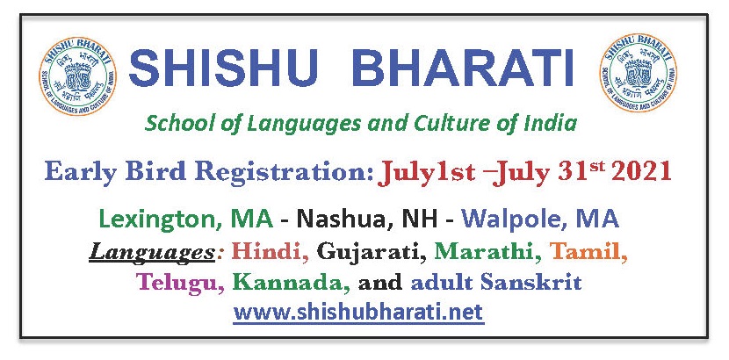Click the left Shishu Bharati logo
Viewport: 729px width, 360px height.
point(77,76)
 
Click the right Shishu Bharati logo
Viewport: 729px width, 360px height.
point(638,73)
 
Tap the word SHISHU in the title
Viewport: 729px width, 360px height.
point(223,68)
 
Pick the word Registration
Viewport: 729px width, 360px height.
point(284,173)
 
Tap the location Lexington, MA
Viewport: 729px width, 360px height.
point(186,219)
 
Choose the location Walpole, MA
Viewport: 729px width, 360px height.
point(540,219)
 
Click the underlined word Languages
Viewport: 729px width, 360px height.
point(152,253)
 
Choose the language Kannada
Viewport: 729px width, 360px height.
point(292,282)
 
